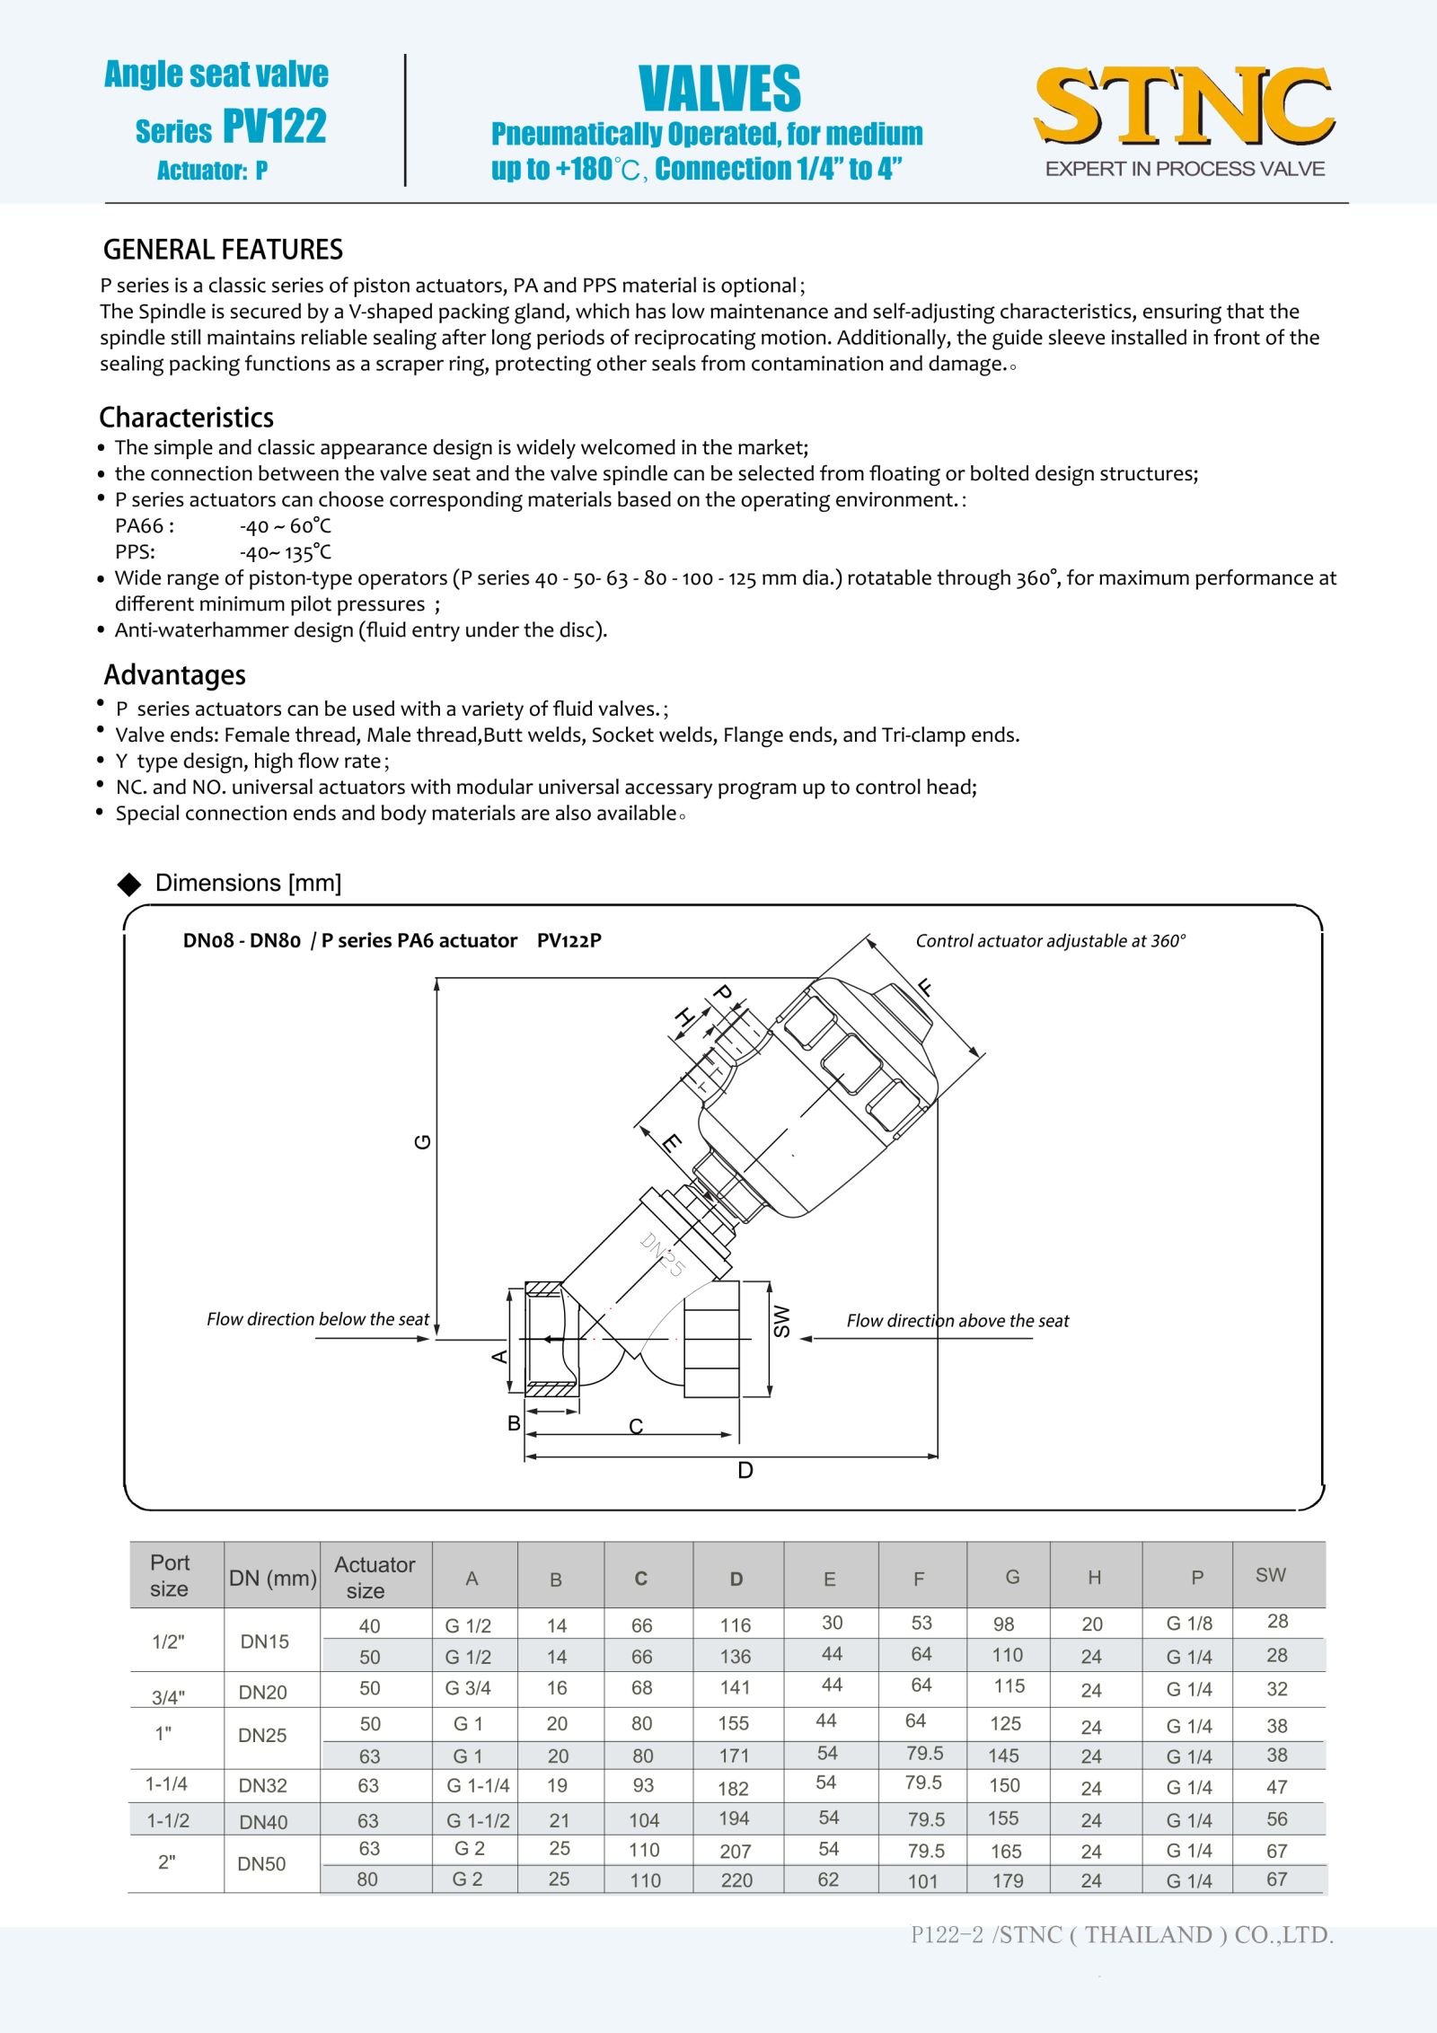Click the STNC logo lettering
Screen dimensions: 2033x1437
point(1184,106)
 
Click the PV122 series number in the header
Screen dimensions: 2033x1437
point(274,127)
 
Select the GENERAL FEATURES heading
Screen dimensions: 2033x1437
point(223,250)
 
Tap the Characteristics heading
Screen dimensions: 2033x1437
point(186,418)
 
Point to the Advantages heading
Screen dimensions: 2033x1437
point(174,675)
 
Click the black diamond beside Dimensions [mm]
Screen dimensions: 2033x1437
point(129,884)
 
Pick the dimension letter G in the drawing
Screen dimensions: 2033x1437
point(422,1141)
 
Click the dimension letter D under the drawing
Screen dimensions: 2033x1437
point(745,1470)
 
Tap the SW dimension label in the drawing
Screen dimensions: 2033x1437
point(782,1321)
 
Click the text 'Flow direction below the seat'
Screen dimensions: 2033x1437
point(318,1319)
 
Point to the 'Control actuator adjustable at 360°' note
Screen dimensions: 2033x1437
point(1050,941)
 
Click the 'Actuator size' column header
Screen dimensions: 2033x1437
point(375,1578)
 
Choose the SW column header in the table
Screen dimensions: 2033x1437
point(1271,1575)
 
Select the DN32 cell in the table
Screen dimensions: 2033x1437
point(263,1786)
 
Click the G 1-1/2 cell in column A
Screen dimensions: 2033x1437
point(478,1821)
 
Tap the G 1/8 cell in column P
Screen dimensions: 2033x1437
point(1189,1624)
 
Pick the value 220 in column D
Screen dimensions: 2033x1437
point(736,1880)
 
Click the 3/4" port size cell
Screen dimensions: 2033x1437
point(168,1697)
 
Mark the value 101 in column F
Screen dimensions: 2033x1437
point(922,1881)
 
